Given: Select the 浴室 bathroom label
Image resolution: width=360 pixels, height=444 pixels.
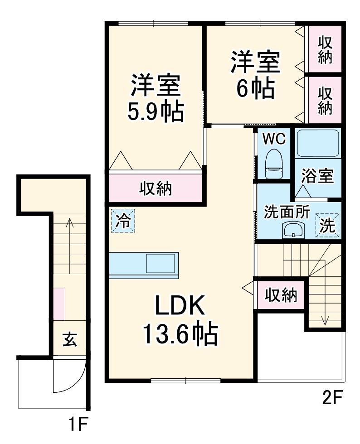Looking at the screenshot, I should tap(319, 176).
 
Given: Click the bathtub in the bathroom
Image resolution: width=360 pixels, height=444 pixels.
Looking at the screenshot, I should tap(317, 144).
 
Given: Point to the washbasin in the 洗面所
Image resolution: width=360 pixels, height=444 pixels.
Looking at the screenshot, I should tap(295, 230).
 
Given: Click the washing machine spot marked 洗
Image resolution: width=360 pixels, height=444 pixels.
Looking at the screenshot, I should tap(327, 225).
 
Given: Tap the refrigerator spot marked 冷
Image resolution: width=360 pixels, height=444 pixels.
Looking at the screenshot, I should tap(122, 221).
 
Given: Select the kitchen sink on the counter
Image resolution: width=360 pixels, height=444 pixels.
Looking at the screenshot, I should tap(160, 263).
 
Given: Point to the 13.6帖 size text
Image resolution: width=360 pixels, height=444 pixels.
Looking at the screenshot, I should tap(180, 335).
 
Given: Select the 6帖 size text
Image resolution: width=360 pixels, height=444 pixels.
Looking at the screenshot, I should tap(255, 89).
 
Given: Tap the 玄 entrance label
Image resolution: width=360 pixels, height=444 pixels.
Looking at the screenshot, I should tap(69, 339).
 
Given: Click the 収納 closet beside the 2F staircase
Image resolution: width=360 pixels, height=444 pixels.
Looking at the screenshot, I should tap(281, 295).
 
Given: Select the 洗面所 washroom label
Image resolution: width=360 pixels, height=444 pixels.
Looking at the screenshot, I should tap(287, 212).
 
